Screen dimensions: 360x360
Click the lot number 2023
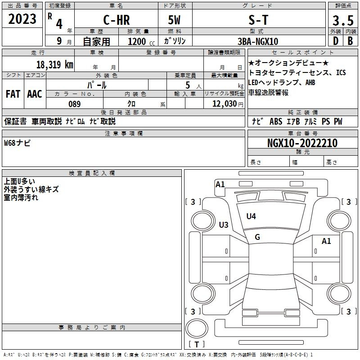coord(22,19)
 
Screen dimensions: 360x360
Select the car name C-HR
coord(117,20)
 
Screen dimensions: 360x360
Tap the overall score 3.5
coord(343,21)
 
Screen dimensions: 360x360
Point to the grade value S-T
coord(258,20)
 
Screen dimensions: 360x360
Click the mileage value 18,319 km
coord(55,64)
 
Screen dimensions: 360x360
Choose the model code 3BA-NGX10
coord(258,41)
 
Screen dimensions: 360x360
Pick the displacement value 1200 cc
coord(141,41)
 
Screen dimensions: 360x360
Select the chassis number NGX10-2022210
coord(302,143)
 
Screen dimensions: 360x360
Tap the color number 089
coord(75,104)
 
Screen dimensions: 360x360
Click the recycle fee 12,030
coord(225,104)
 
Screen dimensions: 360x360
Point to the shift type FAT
coord(13,94)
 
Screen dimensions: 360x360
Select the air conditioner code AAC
coord(35,94)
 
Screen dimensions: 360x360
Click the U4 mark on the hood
coord(251,216)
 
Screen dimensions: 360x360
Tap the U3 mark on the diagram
coord(224,225)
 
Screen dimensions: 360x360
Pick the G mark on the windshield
coord(257,237)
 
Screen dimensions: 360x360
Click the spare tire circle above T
coord(197,328)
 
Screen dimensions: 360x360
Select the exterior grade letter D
coord(336,41)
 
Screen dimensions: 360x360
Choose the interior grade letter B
coord(350,41)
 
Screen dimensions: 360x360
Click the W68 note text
coord(17,143)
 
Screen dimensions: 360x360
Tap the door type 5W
coord(174,20)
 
